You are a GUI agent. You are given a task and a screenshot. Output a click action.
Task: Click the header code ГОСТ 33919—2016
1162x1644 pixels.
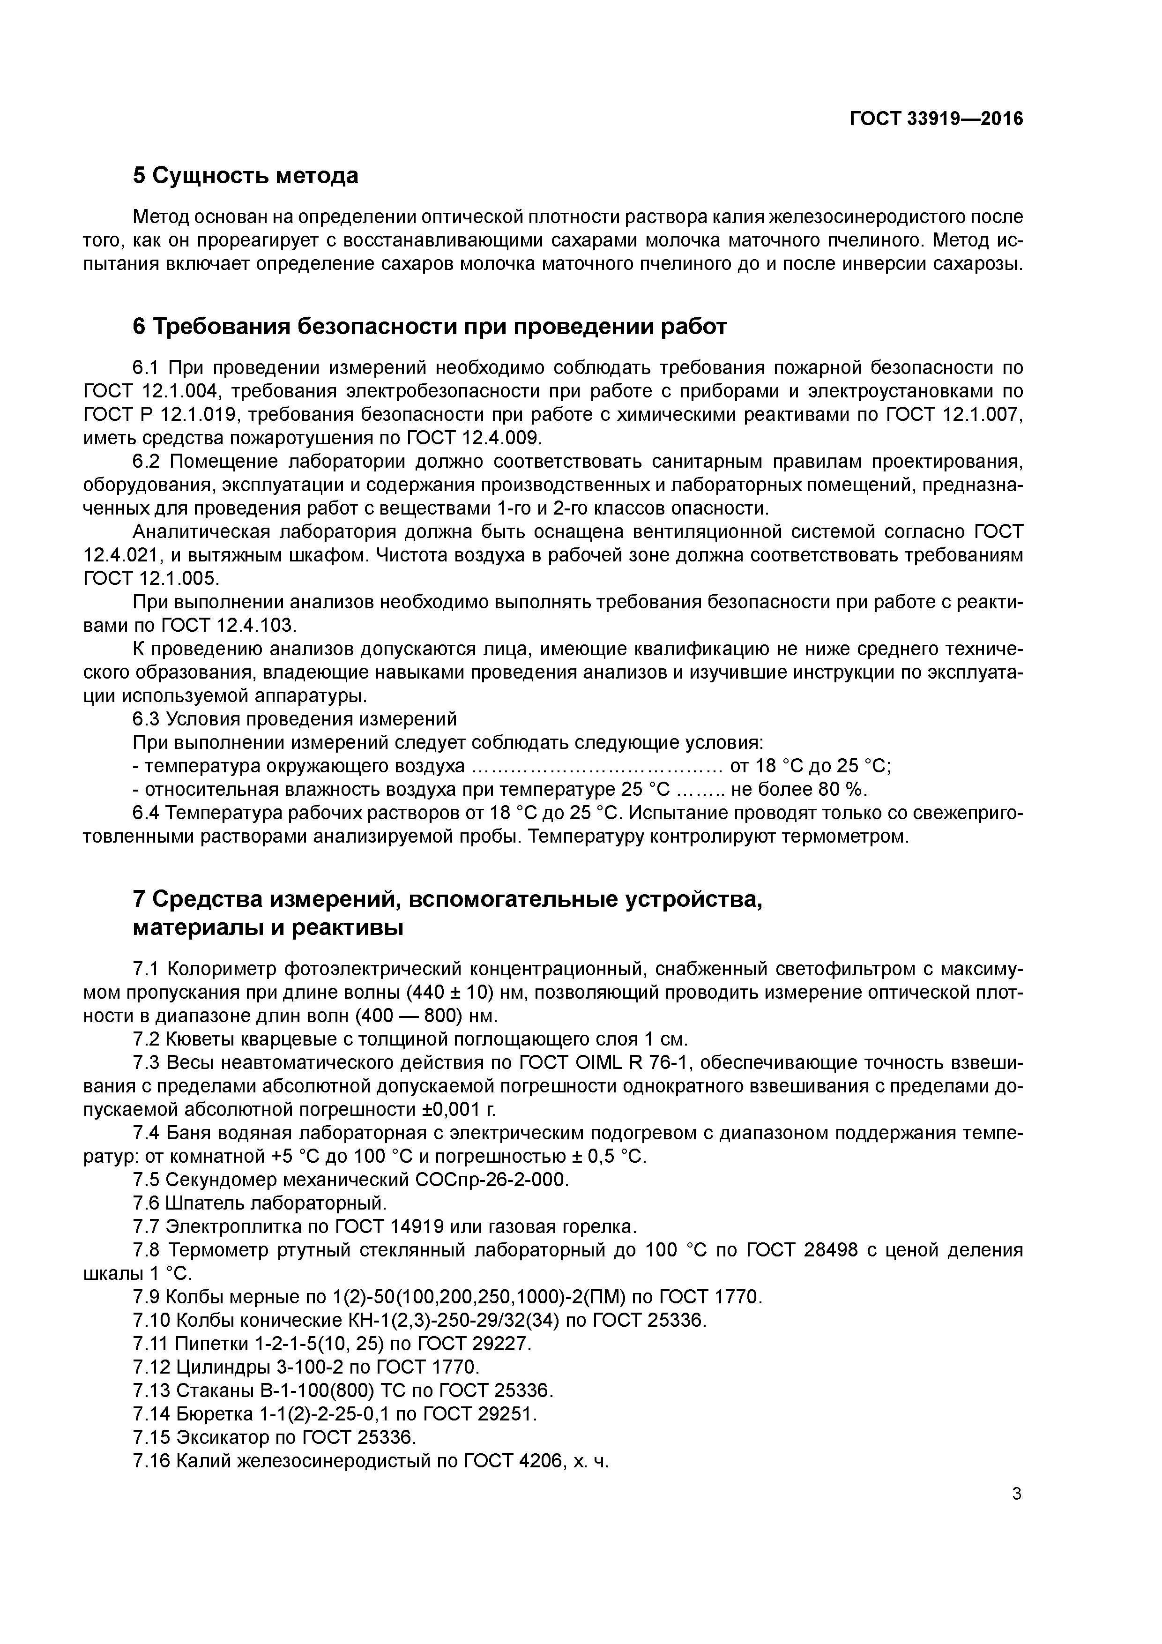(936, 119)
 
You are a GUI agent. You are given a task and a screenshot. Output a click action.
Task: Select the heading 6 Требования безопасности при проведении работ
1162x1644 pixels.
(430, 327)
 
